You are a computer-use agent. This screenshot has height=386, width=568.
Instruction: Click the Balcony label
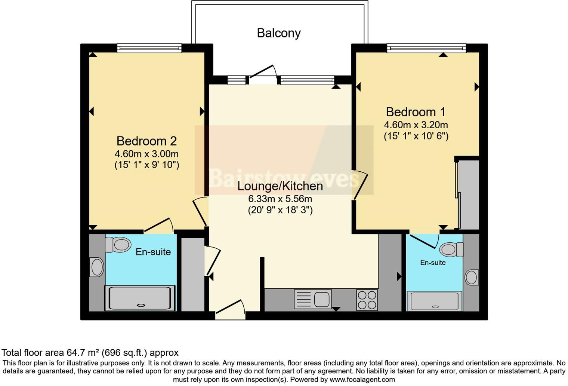279,33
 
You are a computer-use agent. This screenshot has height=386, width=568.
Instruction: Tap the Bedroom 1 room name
416,112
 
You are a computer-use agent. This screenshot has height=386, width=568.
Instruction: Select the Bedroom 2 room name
146,141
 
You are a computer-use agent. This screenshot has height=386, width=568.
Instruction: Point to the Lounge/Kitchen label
280,186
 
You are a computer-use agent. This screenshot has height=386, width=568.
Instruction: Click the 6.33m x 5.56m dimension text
280,199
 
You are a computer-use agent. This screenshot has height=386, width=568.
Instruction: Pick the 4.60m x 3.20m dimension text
416,125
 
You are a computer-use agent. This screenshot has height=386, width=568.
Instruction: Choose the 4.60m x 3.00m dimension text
146,154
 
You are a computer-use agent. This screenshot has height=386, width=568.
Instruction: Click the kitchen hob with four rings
367,300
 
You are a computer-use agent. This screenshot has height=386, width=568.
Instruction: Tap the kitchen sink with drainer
313,299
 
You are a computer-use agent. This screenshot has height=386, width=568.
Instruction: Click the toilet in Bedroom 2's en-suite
118,245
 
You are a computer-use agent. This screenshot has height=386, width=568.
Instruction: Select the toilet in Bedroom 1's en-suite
452,249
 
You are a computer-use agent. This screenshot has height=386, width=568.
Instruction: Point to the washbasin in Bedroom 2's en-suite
97,267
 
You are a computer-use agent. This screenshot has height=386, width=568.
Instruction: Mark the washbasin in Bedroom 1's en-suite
472,277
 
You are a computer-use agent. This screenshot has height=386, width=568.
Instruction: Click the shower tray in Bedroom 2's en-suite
140,298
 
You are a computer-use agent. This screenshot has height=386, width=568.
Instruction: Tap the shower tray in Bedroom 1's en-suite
434,301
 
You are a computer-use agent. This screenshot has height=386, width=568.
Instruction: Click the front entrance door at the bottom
230,310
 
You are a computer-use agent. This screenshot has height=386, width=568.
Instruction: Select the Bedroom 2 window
149,48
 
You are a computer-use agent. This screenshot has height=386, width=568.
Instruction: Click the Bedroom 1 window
426,48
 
